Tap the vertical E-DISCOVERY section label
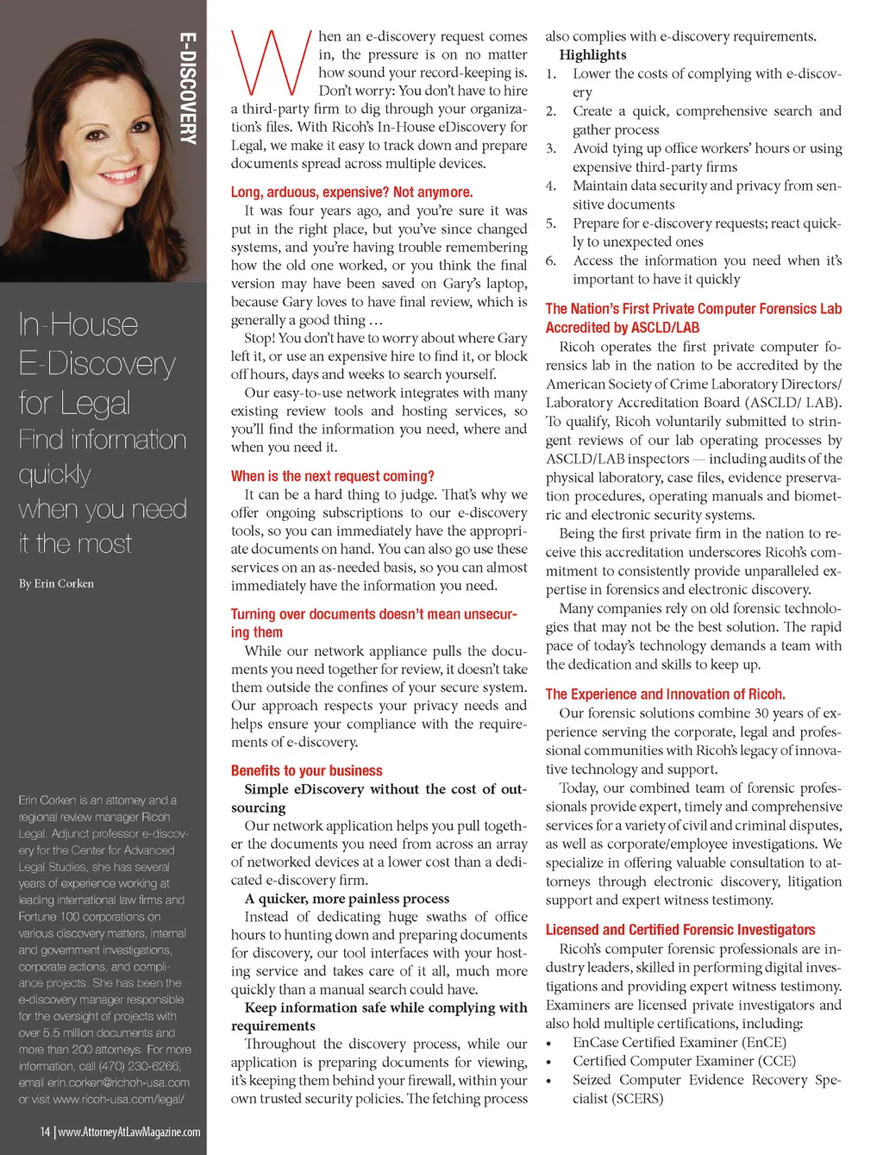pyautogui.click(x=188, y=87)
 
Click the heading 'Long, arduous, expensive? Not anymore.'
pyautogui.click(x=351, y=192)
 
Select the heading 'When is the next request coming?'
pyautogui.click(x=332, y=476)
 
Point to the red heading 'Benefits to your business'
pyautogui.click(x=306, y=770)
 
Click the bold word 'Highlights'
pyautogui.click(x=592, y=54)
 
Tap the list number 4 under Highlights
pyautogui.click(x=550, y=185)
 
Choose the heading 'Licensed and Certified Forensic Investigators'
pyautogui.click(x=679, y=929)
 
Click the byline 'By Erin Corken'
pyautogui.click(x=56, y=583)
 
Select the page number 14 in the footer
pyautogui.click(x=45, y=1132)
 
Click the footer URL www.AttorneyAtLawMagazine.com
pyautogui.click(x=129, y=1132)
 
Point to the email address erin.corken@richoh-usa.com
pyautogui.click(x=118, y=1083)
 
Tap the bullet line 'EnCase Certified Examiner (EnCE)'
pyautogui.click(x=679, y=1042)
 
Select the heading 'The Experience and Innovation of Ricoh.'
pyautogui.click(x=665, y=694)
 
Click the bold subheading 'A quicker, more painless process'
pyautogui.click(x=347, y=898)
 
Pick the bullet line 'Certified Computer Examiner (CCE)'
pyautogui.click(x=684, y=1061)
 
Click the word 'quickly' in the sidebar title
pyautogui.click(x=55, y=474)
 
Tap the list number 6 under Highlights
pyautogui.click(x=550, y=261)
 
